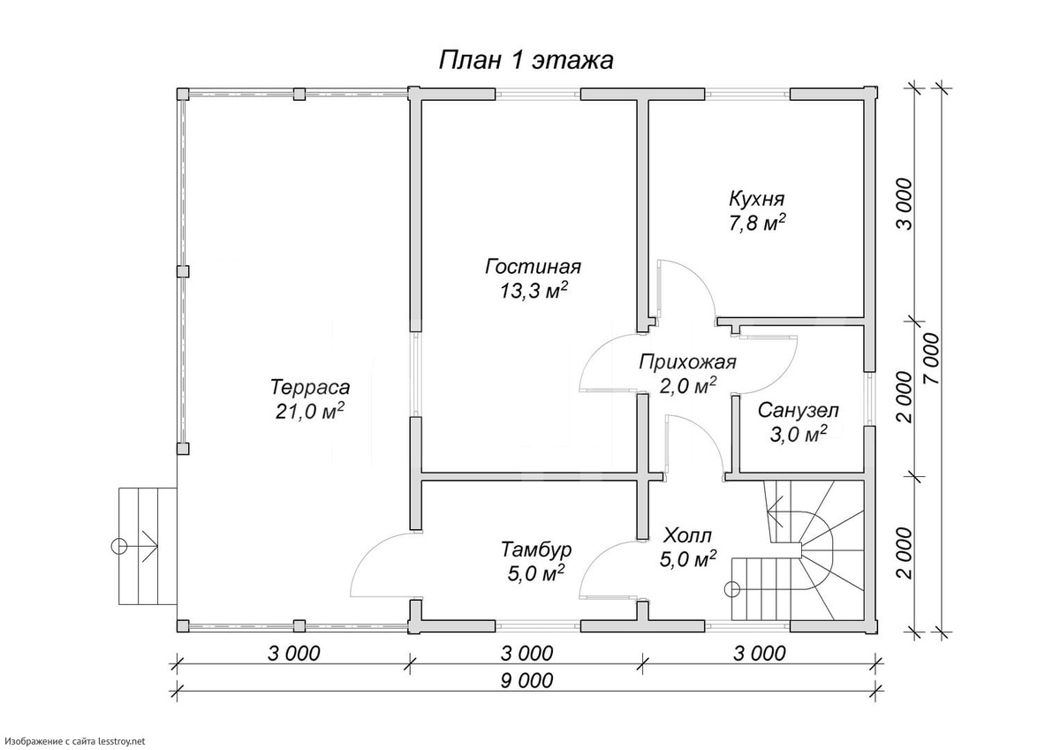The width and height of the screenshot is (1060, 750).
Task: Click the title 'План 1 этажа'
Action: pos(526,61)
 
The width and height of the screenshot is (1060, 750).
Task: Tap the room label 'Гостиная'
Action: pos(533,267)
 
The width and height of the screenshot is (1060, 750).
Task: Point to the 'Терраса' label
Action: pos(310,387)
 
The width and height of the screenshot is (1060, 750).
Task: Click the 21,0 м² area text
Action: pos(309,412)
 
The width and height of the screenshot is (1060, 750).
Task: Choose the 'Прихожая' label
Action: pos(687,362)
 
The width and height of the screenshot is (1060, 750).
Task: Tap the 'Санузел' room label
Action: pos(799,410)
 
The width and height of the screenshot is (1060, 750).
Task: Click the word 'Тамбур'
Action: pos(536,549)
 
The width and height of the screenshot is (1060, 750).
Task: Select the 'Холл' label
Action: pos(687,536)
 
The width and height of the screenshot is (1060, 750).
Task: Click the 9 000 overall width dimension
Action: pos(526,680)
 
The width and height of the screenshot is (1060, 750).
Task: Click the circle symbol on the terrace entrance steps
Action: pos(118,547)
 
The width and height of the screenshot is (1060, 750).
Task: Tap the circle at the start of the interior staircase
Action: pos(732,589)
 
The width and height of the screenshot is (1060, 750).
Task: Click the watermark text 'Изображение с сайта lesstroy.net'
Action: pos(75,741)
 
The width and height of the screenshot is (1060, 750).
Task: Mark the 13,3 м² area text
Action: pos(534,292)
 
